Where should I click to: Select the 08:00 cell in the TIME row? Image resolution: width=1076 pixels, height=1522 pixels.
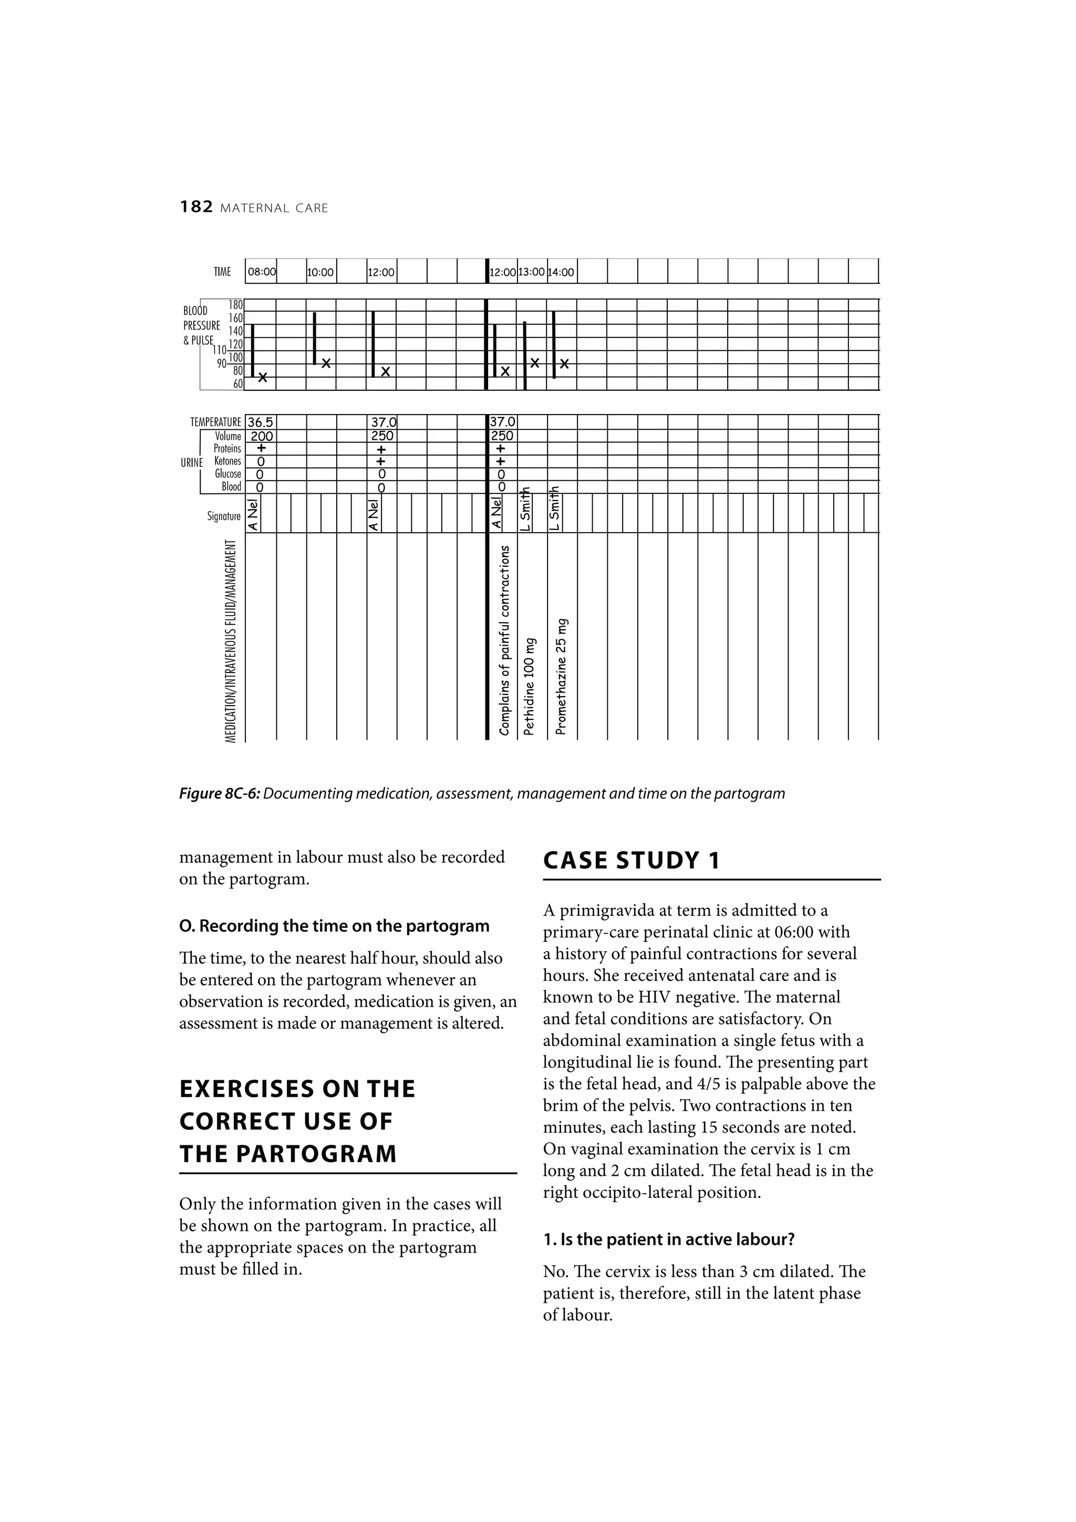coord(261,272)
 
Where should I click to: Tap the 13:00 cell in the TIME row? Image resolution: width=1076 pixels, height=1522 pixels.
coord(532,272)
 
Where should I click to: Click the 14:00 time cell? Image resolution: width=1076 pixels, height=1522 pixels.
coord(562,272)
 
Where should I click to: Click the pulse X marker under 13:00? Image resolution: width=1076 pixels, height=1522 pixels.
coord(535,363)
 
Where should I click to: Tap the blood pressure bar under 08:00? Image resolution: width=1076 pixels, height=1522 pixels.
coord(253,350)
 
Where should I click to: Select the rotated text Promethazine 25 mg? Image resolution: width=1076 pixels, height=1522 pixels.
coord(562,676)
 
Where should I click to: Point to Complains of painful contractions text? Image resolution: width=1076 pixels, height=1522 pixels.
coord(504,640)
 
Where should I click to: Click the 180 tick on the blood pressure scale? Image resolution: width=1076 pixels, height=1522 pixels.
coord(235,305)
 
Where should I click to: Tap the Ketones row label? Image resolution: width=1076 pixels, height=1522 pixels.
coord(227,461)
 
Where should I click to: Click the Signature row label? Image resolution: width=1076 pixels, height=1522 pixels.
coord(223,516)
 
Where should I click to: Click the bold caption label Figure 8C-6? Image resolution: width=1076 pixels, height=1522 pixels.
coord(220,793)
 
